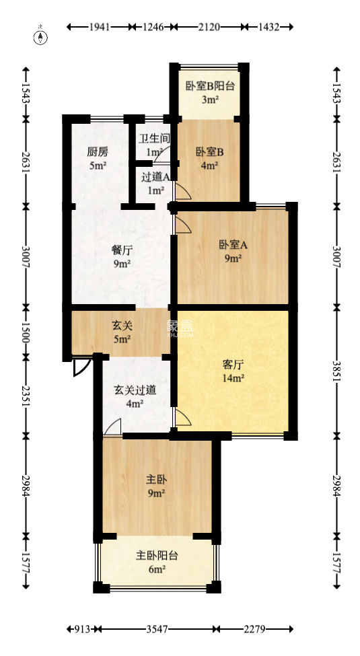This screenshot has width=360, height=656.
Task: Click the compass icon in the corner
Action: (x=42, y=36)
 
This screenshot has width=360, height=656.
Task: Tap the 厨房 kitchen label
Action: (x=98, y=151)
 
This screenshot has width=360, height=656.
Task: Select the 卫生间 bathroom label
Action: (x=154, y=139)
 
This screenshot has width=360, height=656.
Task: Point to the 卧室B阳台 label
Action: (x=210, y=85)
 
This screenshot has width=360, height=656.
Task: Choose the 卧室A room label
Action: (x=233, y=245)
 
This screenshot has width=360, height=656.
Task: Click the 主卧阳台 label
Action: (x=157, y=556)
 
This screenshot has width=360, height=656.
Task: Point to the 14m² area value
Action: (x=233, y=378)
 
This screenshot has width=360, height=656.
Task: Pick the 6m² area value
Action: (x=157, y=570)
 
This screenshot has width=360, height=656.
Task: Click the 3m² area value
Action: (x=210, y=100)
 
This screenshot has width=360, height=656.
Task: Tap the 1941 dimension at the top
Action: (x=100, y=27)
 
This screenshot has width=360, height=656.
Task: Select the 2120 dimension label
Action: (x=208, y=27)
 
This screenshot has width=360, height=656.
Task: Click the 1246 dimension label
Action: (x=154, y=27)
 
